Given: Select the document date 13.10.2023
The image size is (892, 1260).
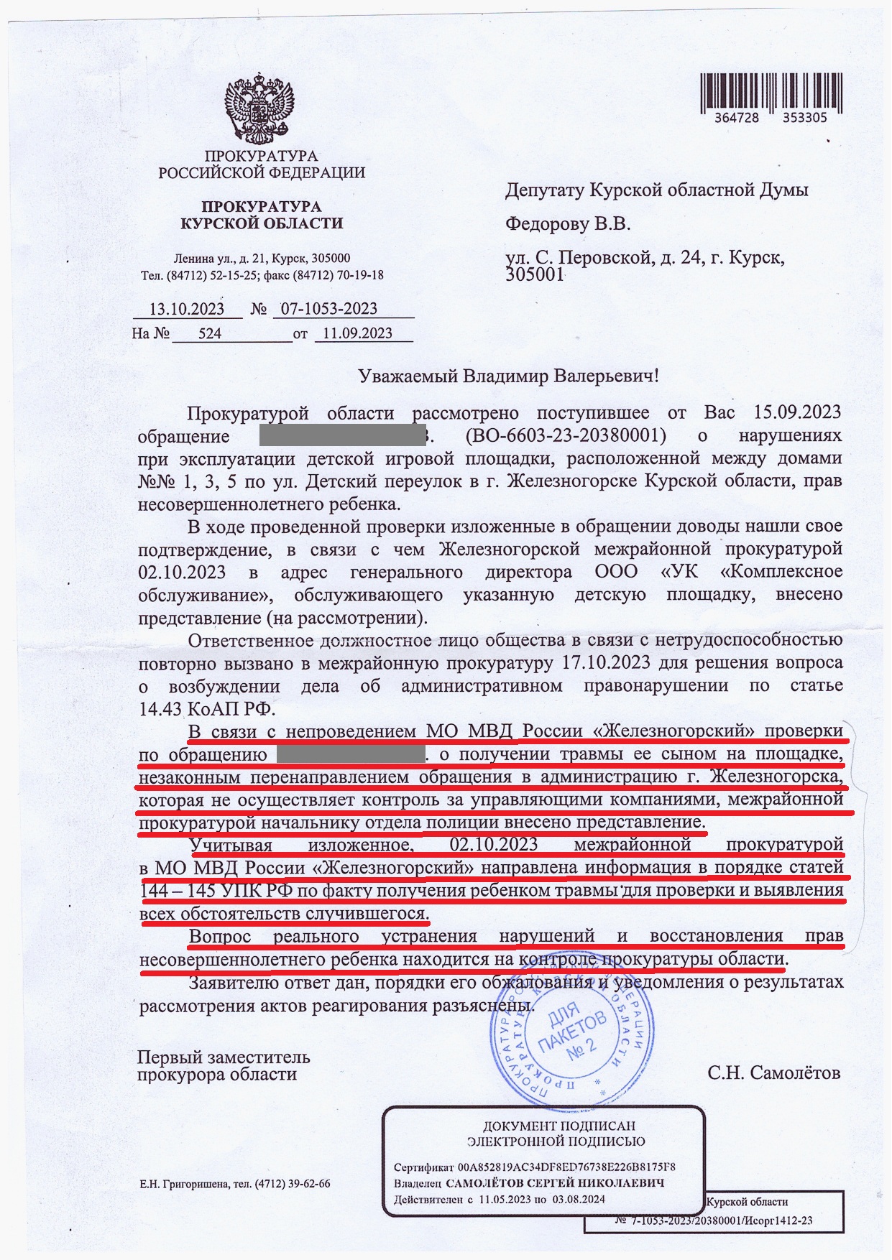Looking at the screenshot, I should [x=186, y=310].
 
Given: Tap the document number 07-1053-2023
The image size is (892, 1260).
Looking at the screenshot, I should [x=328, y=309].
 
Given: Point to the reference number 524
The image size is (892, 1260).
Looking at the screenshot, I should [x=210, y=333].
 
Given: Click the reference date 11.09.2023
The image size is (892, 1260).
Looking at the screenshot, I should [x=357, y=333].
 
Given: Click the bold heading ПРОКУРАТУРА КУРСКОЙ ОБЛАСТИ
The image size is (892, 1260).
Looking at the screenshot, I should [x=262, y=215].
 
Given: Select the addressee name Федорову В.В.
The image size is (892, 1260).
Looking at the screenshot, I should [x=568, y=224].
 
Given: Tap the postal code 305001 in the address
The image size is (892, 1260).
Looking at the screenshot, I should [x=535, y=275].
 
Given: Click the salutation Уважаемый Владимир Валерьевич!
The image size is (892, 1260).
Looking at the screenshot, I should [x=507, y=376].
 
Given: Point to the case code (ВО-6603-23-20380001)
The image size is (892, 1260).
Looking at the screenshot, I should [x=565, y=435].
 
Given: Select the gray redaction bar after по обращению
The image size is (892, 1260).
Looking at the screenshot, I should [x=350, y=754].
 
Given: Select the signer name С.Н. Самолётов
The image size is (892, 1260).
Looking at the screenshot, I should [x=773, y=1073].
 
